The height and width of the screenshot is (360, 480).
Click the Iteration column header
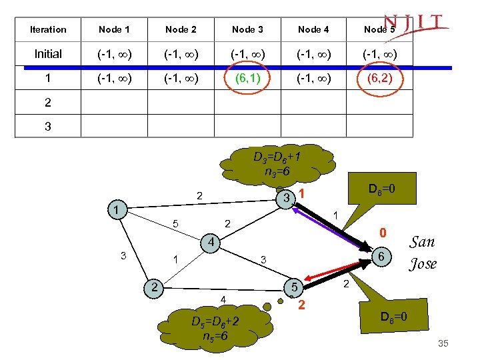coord(48,29)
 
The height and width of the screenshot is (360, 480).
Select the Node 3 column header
coord(247,29)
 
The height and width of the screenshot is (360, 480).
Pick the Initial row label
coord(48,54)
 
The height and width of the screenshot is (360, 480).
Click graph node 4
coord(209,241)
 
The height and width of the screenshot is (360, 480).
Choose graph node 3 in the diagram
coord(285,199)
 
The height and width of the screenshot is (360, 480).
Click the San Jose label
coord(423,253)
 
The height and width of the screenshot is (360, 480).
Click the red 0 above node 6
coord(383,233)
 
